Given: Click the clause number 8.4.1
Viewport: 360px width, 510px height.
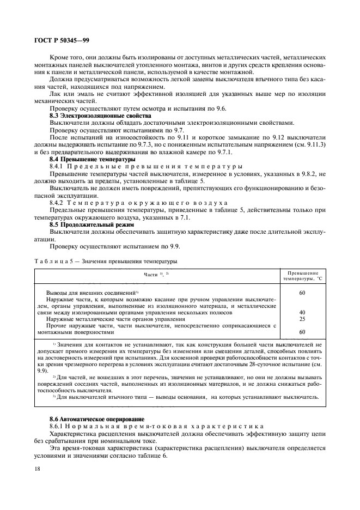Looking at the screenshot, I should (x=57, y=166).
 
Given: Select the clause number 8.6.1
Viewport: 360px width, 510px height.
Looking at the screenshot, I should (x=57, y=425).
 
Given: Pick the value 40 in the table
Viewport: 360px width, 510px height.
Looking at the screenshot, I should (x=302, y=312).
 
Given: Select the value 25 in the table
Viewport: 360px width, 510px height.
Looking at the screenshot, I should (x=302, y=319).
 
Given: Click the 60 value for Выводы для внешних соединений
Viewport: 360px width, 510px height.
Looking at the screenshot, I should (x=302, y=293).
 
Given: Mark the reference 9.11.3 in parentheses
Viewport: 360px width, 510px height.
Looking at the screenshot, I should (x=314, y=144).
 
